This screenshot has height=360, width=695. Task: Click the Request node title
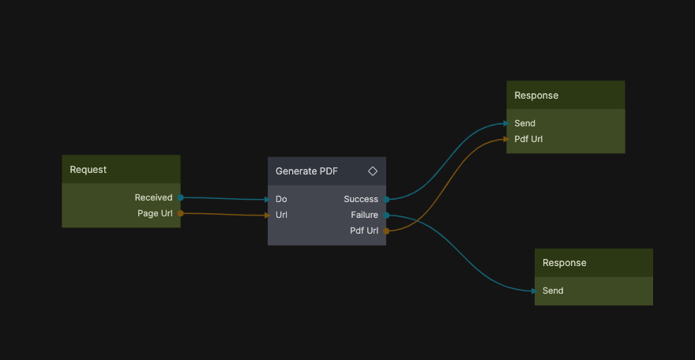88,170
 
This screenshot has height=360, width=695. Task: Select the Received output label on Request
153,198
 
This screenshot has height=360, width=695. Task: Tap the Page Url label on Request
155,214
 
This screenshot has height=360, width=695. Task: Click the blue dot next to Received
181,197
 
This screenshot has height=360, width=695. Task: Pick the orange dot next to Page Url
181,213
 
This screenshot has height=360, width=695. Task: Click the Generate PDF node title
306,171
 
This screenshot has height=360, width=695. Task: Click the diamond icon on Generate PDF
373,171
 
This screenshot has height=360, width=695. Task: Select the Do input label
281,200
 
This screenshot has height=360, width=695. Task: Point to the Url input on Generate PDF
281,216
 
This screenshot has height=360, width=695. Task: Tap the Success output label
361,200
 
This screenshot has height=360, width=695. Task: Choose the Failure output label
364,216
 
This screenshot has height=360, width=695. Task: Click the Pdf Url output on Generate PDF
364,231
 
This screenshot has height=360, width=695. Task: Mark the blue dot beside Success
386,200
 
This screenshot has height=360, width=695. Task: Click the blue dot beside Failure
386,215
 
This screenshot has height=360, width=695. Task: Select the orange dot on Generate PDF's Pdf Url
386,231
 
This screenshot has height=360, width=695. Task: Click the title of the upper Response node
536,96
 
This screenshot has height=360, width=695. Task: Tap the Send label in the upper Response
524,124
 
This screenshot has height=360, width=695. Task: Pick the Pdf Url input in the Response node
528,140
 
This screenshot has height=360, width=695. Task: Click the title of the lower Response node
565,263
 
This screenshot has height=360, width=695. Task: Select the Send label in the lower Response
553,291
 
